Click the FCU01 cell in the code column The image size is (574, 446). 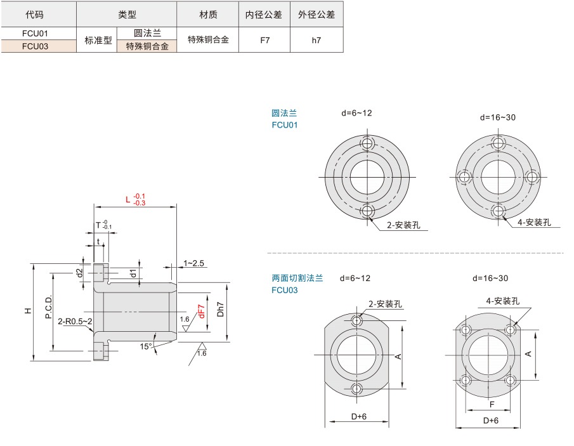(x=35, y=34)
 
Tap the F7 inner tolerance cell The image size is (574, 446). (x=264, y=40)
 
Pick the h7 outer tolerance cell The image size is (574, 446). (x=316, y=40)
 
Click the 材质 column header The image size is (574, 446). (x=208, y=15)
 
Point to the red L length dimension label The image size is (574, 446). (x=135, y=200)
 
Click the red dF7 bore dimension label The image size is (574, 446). (x=201, y=312)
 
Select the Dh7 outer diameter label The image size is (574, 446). (x=220, y=309)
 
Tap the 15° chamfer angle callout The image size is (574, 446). (x=146, y=346)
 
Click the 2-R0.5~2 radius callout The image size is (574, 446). (x=75, y=322)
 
